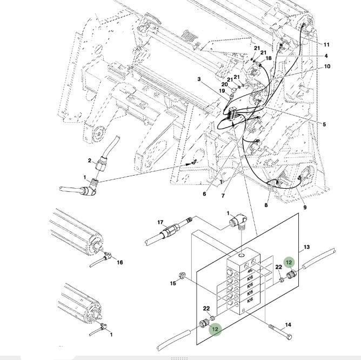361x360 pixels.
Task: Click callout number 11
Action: click(x=326, y=44)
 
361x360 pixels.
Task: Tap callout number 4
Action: click(x=326, y=56)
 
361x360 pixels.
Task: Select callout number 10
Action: click(x=327, y=67)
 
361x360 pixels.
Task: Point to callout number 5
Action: click(x=324, y=125)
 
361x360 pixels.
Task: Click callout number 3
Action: click(x=199, y=79)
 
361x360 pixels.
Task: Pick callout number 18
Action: click(x=268, y=58)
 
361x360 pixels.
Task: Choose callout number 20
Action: click(x=224, y=84)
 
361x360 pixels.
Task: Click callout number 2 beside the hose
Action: click(x=90, y=161)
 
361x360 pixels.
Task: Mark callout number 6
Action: click(x=204, y=194)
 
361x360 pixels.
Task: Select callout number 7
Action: click(x=223, y=196)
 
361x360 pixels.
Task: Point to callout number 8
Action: click(x=266, y=205)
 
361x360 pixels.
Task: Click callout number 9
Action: click(x=304, y=208)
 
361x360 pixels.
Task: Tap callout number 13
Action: click(x=306, y=247)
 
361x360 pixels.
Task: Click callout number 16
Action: click(x=120, y=263)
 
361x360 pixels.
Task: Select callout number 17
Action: click(x=161, y=223)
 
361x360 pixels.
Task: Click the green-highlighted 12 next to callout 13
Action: click(x=289, y=263)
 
